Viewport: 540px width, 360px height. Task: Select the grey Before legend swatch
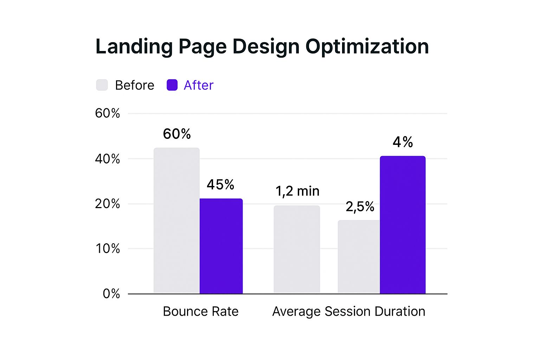point(102,85)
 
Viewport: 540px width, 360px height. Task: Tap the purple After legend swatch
point(172,85)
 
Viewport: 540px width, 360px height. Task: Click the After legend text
point(198,85)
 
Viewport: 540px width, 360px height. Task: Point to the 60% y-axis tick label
point(107,113)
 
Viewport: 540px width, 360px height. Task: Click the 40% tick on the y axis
point(107,159)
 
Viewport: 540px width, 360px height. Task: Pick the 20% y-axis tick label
point(107,204)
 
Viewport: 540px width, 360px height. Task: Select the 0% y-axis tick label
point(111,294)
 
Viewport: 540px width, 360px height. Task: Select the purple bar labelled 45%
point(221,246)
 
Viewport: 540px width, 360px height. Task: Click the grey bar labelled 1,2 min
point(297,250)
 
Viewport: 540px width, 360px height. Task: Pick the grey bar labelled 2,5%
point(359,257)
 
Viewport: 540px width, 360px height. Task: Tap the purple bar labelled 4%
point(403,225)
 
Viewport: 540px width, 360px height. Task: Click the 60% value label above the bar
point(176,134)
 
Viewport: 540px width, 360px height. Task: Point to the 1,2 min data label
point(297,191)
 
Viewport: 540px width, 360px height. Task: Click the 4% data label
point(403,142)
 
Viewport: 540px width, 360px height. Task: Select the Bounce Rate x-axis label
point(200,311)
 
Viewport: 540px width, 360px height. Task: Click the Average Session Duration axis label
point(348,311)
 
